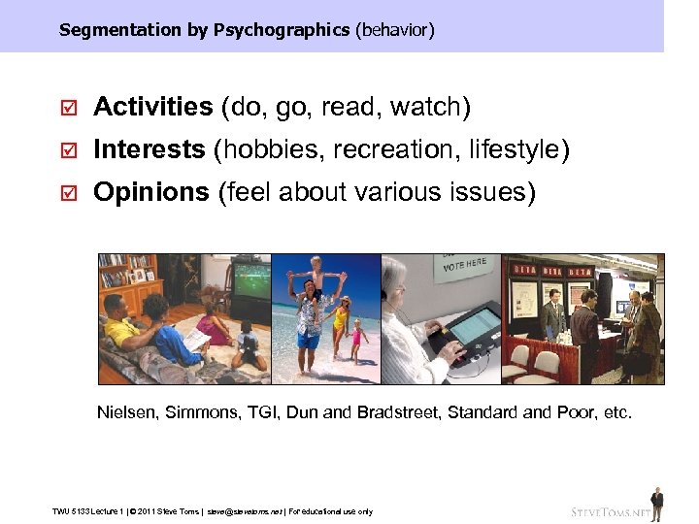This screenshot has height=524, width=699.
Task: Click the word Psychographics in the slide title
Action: point(282,30)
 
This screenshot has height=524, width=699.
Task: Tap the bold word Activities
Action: point(152,107)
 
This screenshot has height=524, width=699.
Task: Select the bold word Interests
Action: point(149,149)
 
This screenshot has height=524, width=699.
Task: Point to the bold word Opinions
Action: point(150,192)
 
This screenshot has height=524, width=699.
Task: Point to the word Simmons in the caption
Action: point(198,412)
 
